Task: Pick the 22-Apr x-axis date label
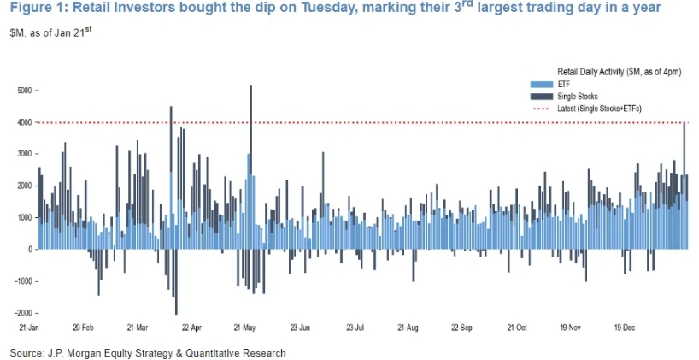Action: (191, 327)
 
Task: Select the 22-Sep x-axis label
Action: (461, 327)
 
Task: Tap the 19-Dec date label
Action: (625, 327)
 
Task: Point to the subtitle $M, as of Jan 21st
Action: (51, 32)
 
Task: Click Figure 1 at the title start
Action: (34, 9)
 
